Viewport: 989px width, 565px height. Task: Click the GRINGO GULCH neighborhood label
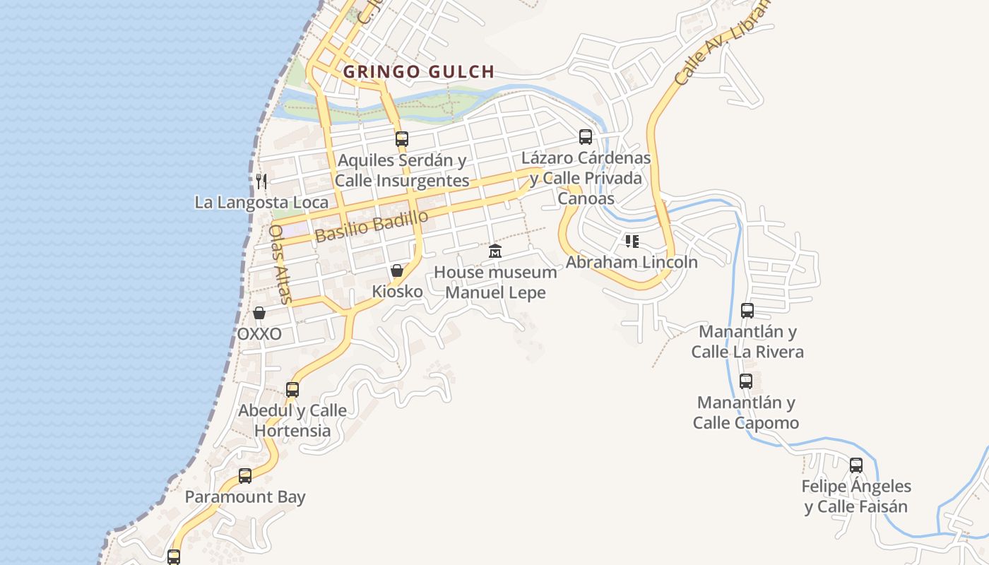[418, 72]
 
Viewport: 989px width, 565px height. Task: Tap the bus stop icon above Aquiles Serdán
[402, 138]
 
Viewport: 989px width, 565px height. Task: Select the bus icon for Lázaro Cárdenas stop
[586, 137]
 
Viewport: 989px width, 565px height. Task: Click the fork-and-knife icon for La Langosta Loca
[261, 182]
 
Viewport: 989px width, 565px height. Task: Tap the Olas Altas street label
[280, 263]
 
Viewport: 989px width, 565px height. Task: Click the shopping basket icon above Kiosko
[397, 270]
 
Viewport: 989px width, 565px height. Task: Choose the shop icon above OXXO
[259, 313]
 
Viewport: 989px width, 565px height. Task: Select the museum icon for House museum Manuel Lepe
[495, 251]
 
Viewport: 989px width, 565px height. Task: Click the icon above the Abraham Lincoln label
[632, 242]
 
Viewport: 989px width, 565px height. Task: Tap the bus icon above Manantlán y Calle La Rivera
[747, 310]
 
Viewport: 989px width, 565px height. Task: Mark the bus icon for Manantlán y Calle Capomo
[746, 381]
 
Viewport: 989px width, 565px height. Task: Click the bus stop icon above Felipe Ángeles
[856, 465]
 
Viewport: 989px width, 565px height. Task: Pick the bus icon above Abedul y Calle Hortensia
[292, 389]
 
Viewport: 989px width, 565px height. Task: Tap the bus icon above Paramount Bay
[245, 475]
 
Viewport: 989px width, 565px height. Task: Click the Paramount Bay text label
[245, 496]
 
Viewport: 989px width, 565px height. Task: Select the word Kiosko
[397, 291]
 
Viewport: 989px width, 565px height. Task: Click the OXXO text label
[259, 333]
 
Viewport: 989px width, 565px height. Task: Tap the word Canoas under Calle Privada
[586, 198]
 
